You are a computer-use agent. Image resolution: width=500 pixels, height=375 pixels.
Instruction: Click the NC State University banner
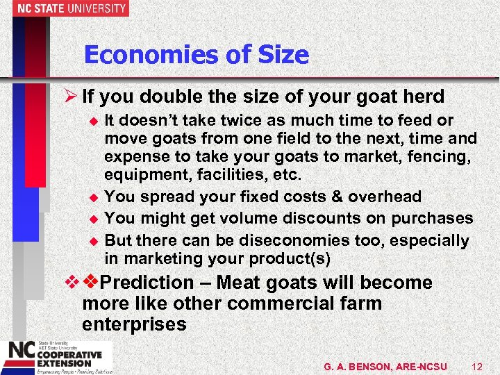click(64, 9)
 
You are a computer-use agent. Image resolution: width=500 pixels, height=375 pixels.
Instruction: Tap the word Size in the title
click(281, 55)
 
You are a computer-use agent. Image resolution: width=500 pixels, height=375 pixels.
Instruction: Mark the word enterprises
click(134, 324)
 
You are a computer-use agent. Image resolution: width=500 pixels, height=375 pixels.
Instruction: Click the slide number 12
click(476, 366)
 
